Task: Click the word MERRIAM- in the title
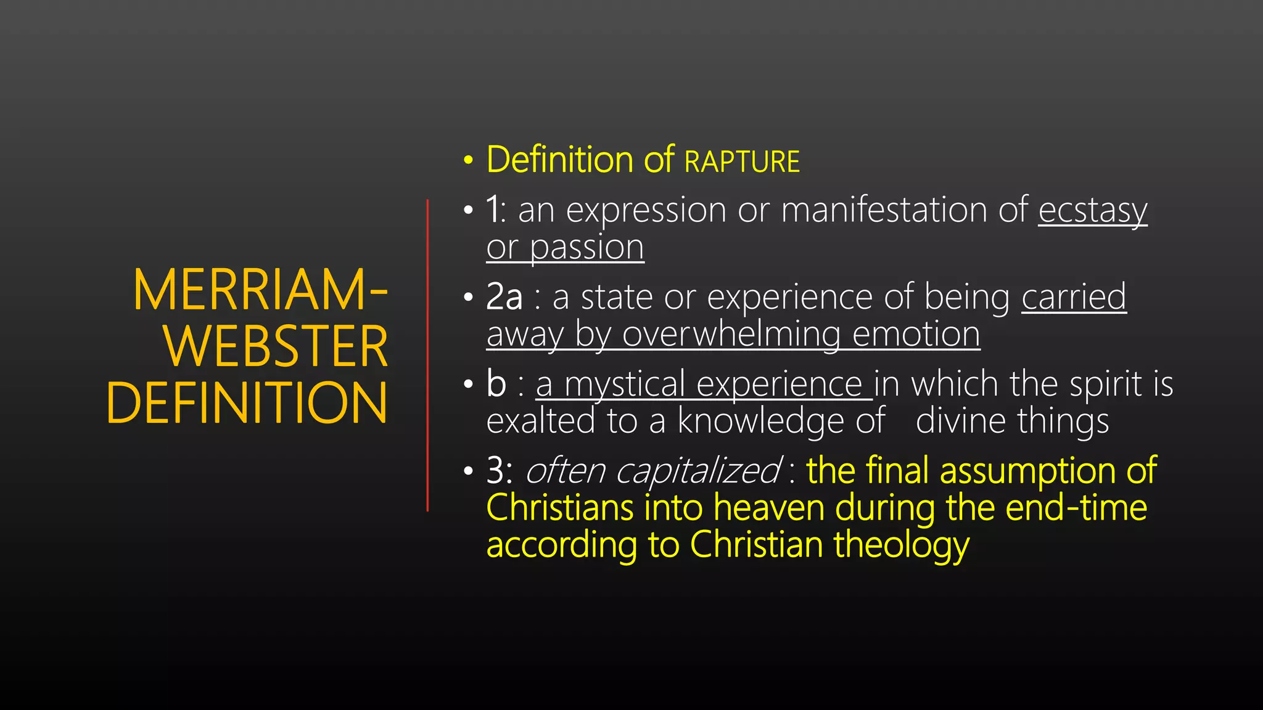click(x=260, y=291)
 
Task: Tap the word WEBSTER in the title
click(x=276, y=346)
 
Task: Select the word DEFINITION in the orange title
click(x=247, y=402)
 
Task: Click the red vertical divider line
click(x=427, y=355)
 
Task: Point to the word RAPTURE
click(x=742, y=162)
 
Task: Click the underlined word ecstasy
click(x=1092, y=211)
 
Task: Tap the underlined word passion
click(x=586, y=248)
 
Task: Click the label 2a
click(x=504, y=297)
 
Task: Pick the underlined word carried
click(x=1074, y=297)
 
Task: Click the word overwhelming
click(x=731, y=335)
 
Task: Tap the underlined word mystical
click(x=625, y=385)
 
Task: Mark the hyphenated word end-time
click(x=1076, y=508)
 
